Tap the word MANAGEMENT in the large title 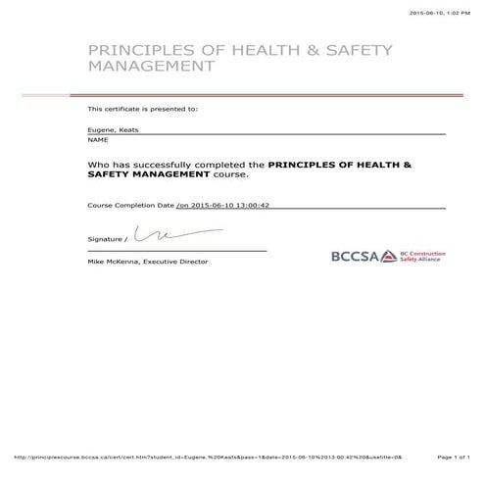point(151,69)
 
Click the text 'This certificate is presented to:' point(142,109)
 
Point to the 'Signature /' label point(107,238)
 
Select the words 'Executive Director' point(176,262)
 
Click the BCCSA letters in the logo point(352,257)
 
